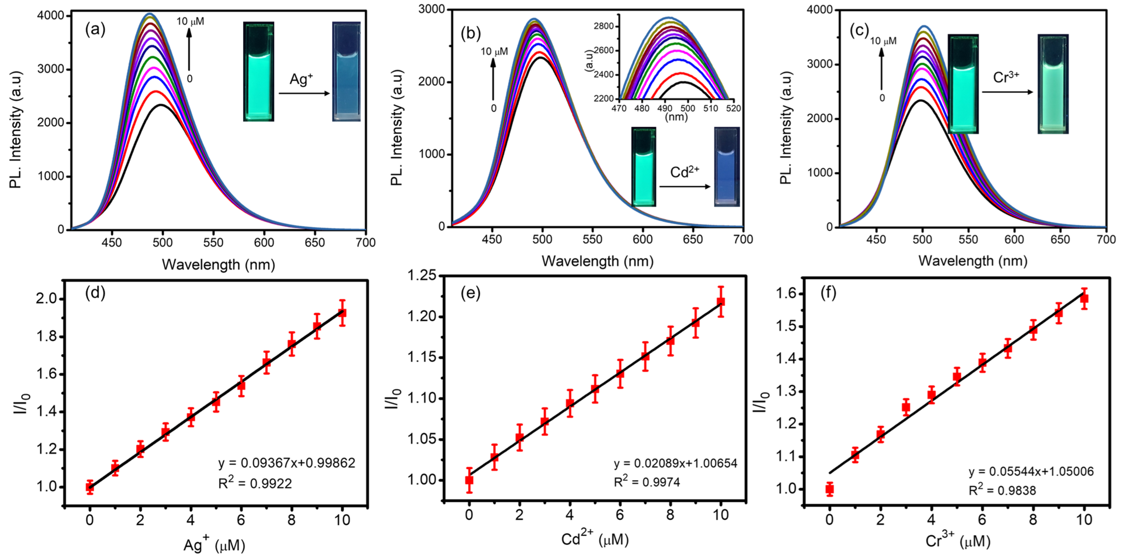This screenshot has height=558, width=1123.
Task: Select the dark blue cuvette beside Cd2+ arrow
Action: coord(726,167)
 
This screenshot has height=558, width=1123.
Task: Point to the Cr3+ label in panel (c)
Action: coord(1006,77)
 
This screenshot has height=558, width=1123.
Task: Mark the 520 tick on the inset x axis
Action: coord(733,108)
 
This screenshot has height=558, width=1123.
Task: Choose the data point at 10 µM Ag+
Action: coord(342,313)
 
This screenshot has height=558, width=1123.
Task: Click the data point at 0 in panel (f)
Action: coord(830,489)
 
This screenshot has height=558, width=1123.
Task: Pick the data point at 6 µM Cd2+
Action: coord(620,374)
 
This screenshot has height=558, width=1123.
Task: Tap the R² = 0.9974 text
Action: coord(647,482)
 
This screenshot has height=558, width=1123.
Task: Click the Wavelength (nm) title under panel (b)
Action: coord(597,261)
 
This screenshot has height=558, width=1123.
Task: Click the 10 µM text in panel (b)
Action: coord(494,52)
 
